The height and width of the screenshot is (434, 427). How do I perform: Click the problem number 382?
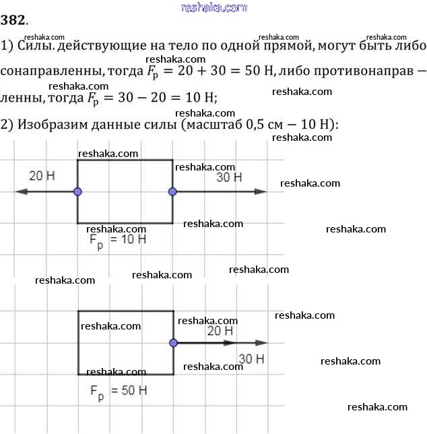coord(14,21)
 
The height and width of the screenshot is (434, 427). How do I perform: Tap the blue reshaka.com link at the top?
coord(214,7)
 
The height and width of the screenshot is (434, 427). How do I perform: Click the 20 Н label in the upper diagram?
coord(42,177)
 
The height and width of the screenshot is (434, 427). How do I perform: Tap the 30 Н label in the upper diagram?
coord(229,177)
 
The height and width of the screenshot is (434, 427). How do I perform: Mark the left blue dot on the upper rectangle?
coord(77,192)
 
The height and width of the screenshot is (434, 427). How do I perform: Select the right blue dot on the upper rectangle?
coord(172,192)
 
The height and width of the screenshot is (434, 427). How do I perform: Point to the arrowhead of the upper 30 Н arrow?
coord(261,192)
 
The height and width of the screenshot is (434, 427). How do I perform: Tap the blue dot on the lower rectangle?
coord(173,343)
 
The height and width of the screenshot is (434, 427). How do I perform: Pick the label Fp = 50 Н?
coord(118,392)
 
